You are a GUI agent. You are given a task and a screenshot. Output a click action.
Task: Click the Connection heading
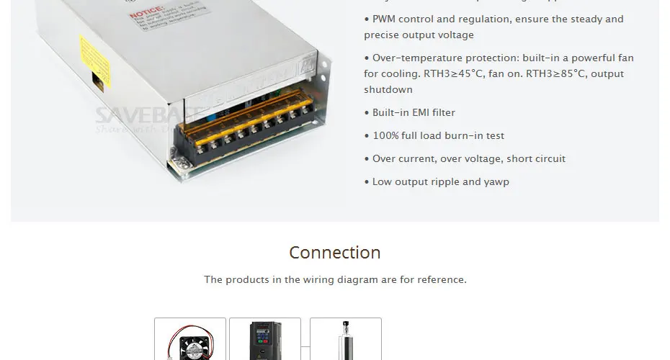tap(334, 253)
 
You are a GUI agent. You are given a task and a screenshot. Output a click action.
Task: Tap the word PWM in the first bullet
tap(385, 19)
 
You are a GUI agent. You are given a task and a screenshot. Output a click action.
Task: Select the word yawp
tap(496, 182)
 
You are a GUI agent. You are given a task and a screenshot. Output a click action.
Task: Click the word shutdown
tap(388, 90)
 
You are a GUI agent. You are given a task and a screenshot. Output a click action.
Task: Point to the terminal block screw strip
tap(245, 130)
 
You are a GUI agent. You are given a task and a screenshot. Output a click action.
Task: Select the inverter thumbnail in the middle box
tap(265, 340)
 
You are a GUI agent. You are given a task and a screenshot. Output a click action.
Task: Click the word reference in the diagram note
tap(439, 279)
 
